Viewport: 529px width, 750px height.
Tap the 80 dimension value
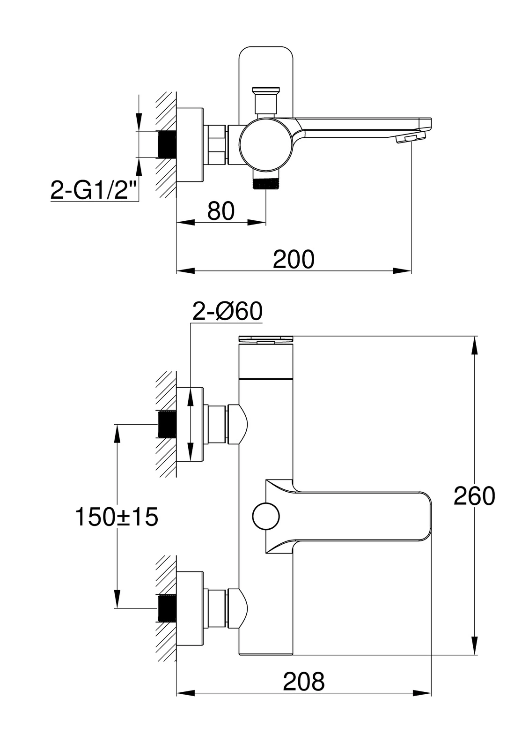point(221,211)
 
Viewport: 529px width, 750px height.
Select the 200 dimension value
point(294,259)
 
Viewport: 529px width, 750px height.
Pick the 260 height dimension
point(474,496)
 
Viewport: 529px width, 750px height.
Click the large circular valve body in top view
point(267,145)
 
